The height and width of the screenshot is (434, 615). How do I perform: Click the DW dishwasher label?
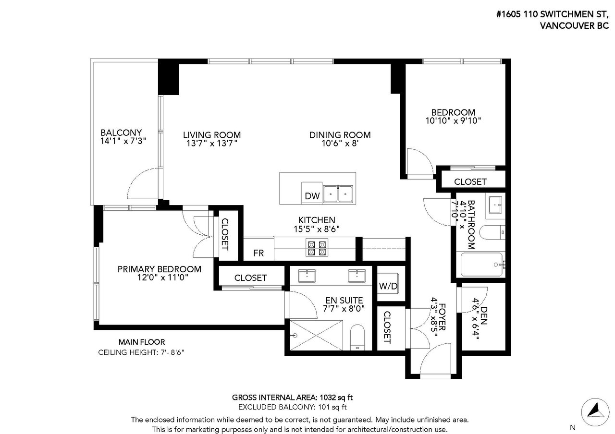point(312,196)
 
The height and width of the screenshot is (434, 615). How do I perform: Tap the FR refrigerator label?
point(258,253)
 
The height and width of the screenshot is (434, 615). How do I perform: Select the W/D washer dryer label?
point(388,286)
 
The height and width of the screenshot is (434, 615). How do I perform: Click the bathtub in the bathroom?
point(482,265)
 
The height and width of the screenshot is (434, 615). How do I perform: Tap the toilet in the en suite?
point(357,338)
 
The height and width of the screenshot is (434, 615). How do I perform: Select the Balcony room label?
point(121,133)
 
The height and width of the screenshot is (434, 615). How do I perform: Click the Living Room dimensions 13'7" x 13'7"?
point(212,143)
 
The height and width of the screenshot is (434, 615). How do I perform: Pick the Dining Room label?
point(340,135)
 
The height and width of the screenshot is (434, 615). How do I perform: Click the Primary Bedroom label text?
point(159,269)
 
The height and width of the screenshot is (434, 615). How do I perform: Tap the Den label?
point(484,315)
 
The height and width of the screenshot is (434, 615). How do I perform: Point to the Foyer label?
point(442,317)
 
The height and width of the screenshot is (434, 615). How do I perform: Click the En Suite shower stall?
point(316,335)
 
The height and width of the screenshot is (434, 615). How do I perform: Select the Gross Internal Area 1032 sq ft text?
point(293,397)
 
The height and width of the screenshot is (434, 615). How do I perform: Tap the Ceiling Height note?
point(141,352)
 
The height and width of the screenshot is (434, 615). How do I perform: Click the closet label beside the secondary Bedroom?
point(470,181)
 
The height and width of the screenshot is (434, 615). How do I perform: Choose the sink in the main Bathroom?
point(495,205)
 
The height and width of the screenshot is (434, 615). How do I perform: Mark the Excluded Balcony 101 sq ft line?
point(293,407)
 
